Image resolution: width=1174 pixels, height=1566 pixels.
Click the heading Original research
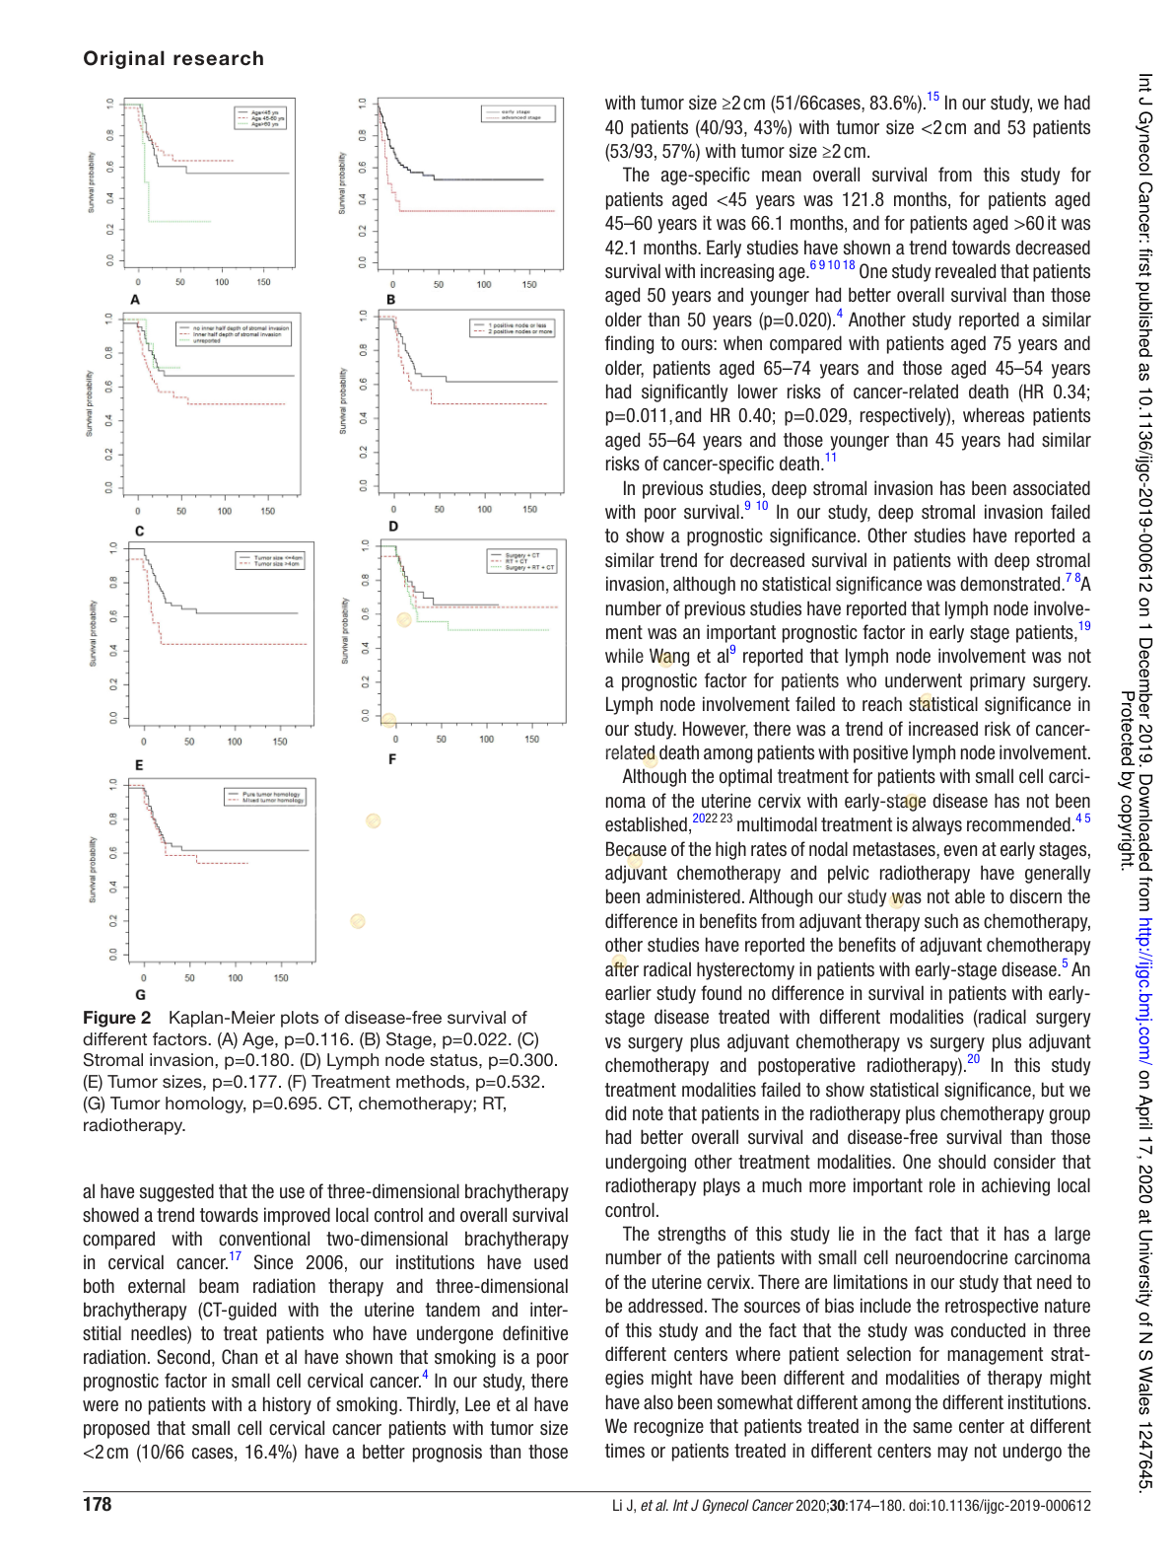click(x=173, y=58)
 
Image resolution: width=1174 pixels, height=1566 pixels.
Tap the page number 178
click(x=98, y=1504)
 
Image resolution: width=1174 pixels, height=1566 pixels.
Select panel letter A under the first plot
click(x=135, y=300)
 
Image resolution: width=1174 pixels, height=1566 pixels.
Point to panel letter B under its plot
click(x=391, y=300)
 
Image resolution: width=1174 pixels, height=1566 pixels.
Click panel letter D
click(x=393, y=527)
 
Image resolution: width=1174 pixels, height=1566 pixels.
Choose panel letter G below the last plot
click(x=140, y=994)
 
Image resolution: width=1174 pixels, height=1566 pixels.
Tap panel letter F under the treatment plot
click(x=392, y=759)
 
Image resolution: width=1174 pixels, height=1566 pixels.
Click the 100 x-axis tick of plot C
click(x=225, y=512)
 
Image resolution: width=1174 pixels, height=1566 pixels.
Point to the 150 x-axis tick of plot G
click(x=281, y=978)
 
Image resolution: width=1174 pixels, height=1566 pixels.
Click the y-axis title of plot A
click(x=92, y=182)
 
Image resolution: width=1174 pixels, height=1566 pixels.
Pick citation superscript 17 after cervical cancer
click(x=235, y=1257)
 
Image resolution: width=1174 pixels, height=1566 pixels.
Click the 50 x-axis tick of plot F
click(x=441, y=739)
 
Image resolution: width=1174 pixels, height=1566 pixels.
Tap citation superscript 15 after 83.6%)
click(x=932, y=98)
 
